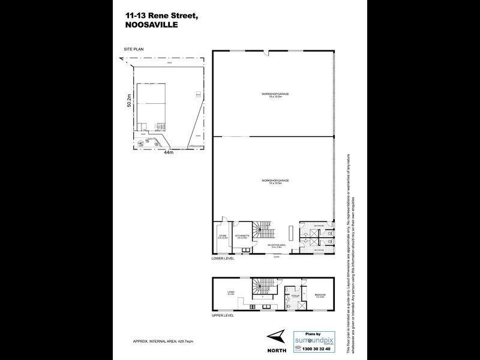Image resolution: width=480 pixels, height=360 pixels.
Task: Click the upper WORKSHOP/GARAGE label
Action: tap(272, 95)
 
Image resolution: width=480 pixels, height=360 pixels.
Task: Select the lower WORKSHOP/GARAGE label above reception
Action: tap(272, 179)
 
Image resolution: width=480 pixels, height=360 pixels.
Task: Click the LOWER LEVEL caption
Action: tap(223, 259)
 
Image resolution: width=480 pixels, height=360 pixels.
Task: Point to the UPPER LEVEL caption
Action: tap(223, 314)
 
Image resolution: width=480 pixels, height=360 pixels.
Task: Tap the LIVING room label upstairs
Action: tap(230, 293)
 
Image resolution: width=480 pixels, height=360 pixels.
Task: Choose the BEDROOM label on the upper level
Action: tap(320, 295)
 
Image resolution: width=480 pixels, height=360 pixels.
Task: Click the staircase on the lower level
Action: tap(263, 229)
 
